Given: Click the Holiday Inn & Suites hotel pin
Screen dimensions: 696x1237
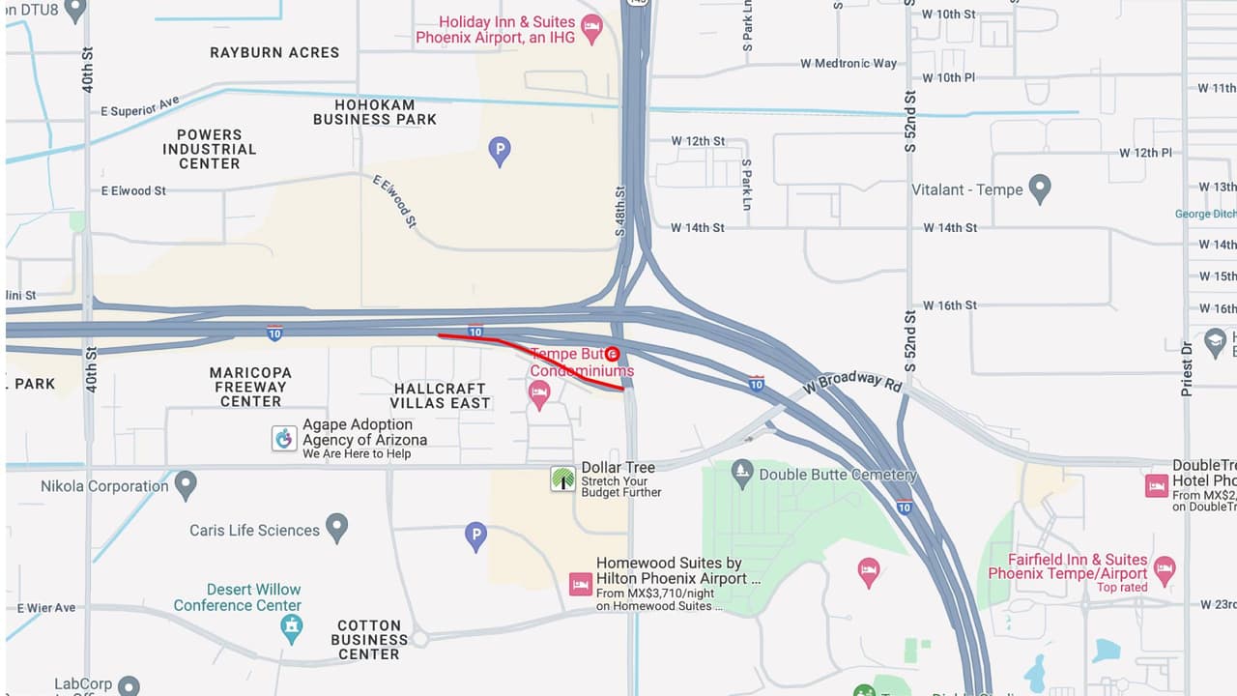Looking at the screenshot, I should click(591, 27).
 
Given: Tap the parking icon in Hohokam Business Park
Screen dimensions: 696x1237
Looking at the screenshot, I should click(499, 150).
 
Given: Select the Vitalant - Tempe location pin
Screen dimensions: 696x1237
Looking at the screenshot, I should click(1040, 188).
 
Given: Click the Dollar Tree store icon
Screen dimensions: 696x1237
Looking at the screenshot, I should click(563, 478).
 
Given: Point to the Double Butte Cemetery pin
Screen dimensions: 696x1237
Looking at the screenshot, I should click(742, 473).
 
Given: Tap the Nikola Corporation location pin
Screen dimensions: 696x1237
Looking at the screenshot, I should click(186, 484).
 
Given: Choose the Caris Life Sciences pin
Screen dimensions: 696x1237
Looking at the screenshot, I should click(336, 528).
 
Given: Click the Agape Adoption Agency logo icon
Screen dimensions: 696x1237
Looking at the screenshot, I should click(284, 438).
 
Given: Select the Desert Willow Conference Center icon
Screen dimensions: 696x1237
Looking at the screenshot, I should click(290, 628).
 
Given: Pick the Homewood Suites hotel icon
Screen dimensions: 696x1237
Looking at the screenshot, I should click(580, 584).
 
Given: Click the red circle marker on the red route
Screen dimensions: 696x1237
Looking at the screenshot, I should click(612, 354).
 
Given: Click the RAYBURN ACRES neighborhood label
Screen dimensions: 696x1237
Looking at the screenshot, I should click(274, 52).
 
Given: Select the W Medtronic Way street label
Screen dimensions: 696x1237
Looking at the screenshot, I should click(849, 64).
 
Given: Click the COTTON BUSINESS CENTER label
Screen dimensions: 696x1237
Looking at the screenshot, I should click(369, 640).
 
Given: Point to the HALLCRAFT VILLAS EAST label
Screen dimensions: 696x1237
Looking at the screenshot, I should click(440, 395).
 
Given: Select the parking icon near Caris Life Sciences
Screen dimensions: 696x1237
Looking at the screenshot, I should click(475, 535).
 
